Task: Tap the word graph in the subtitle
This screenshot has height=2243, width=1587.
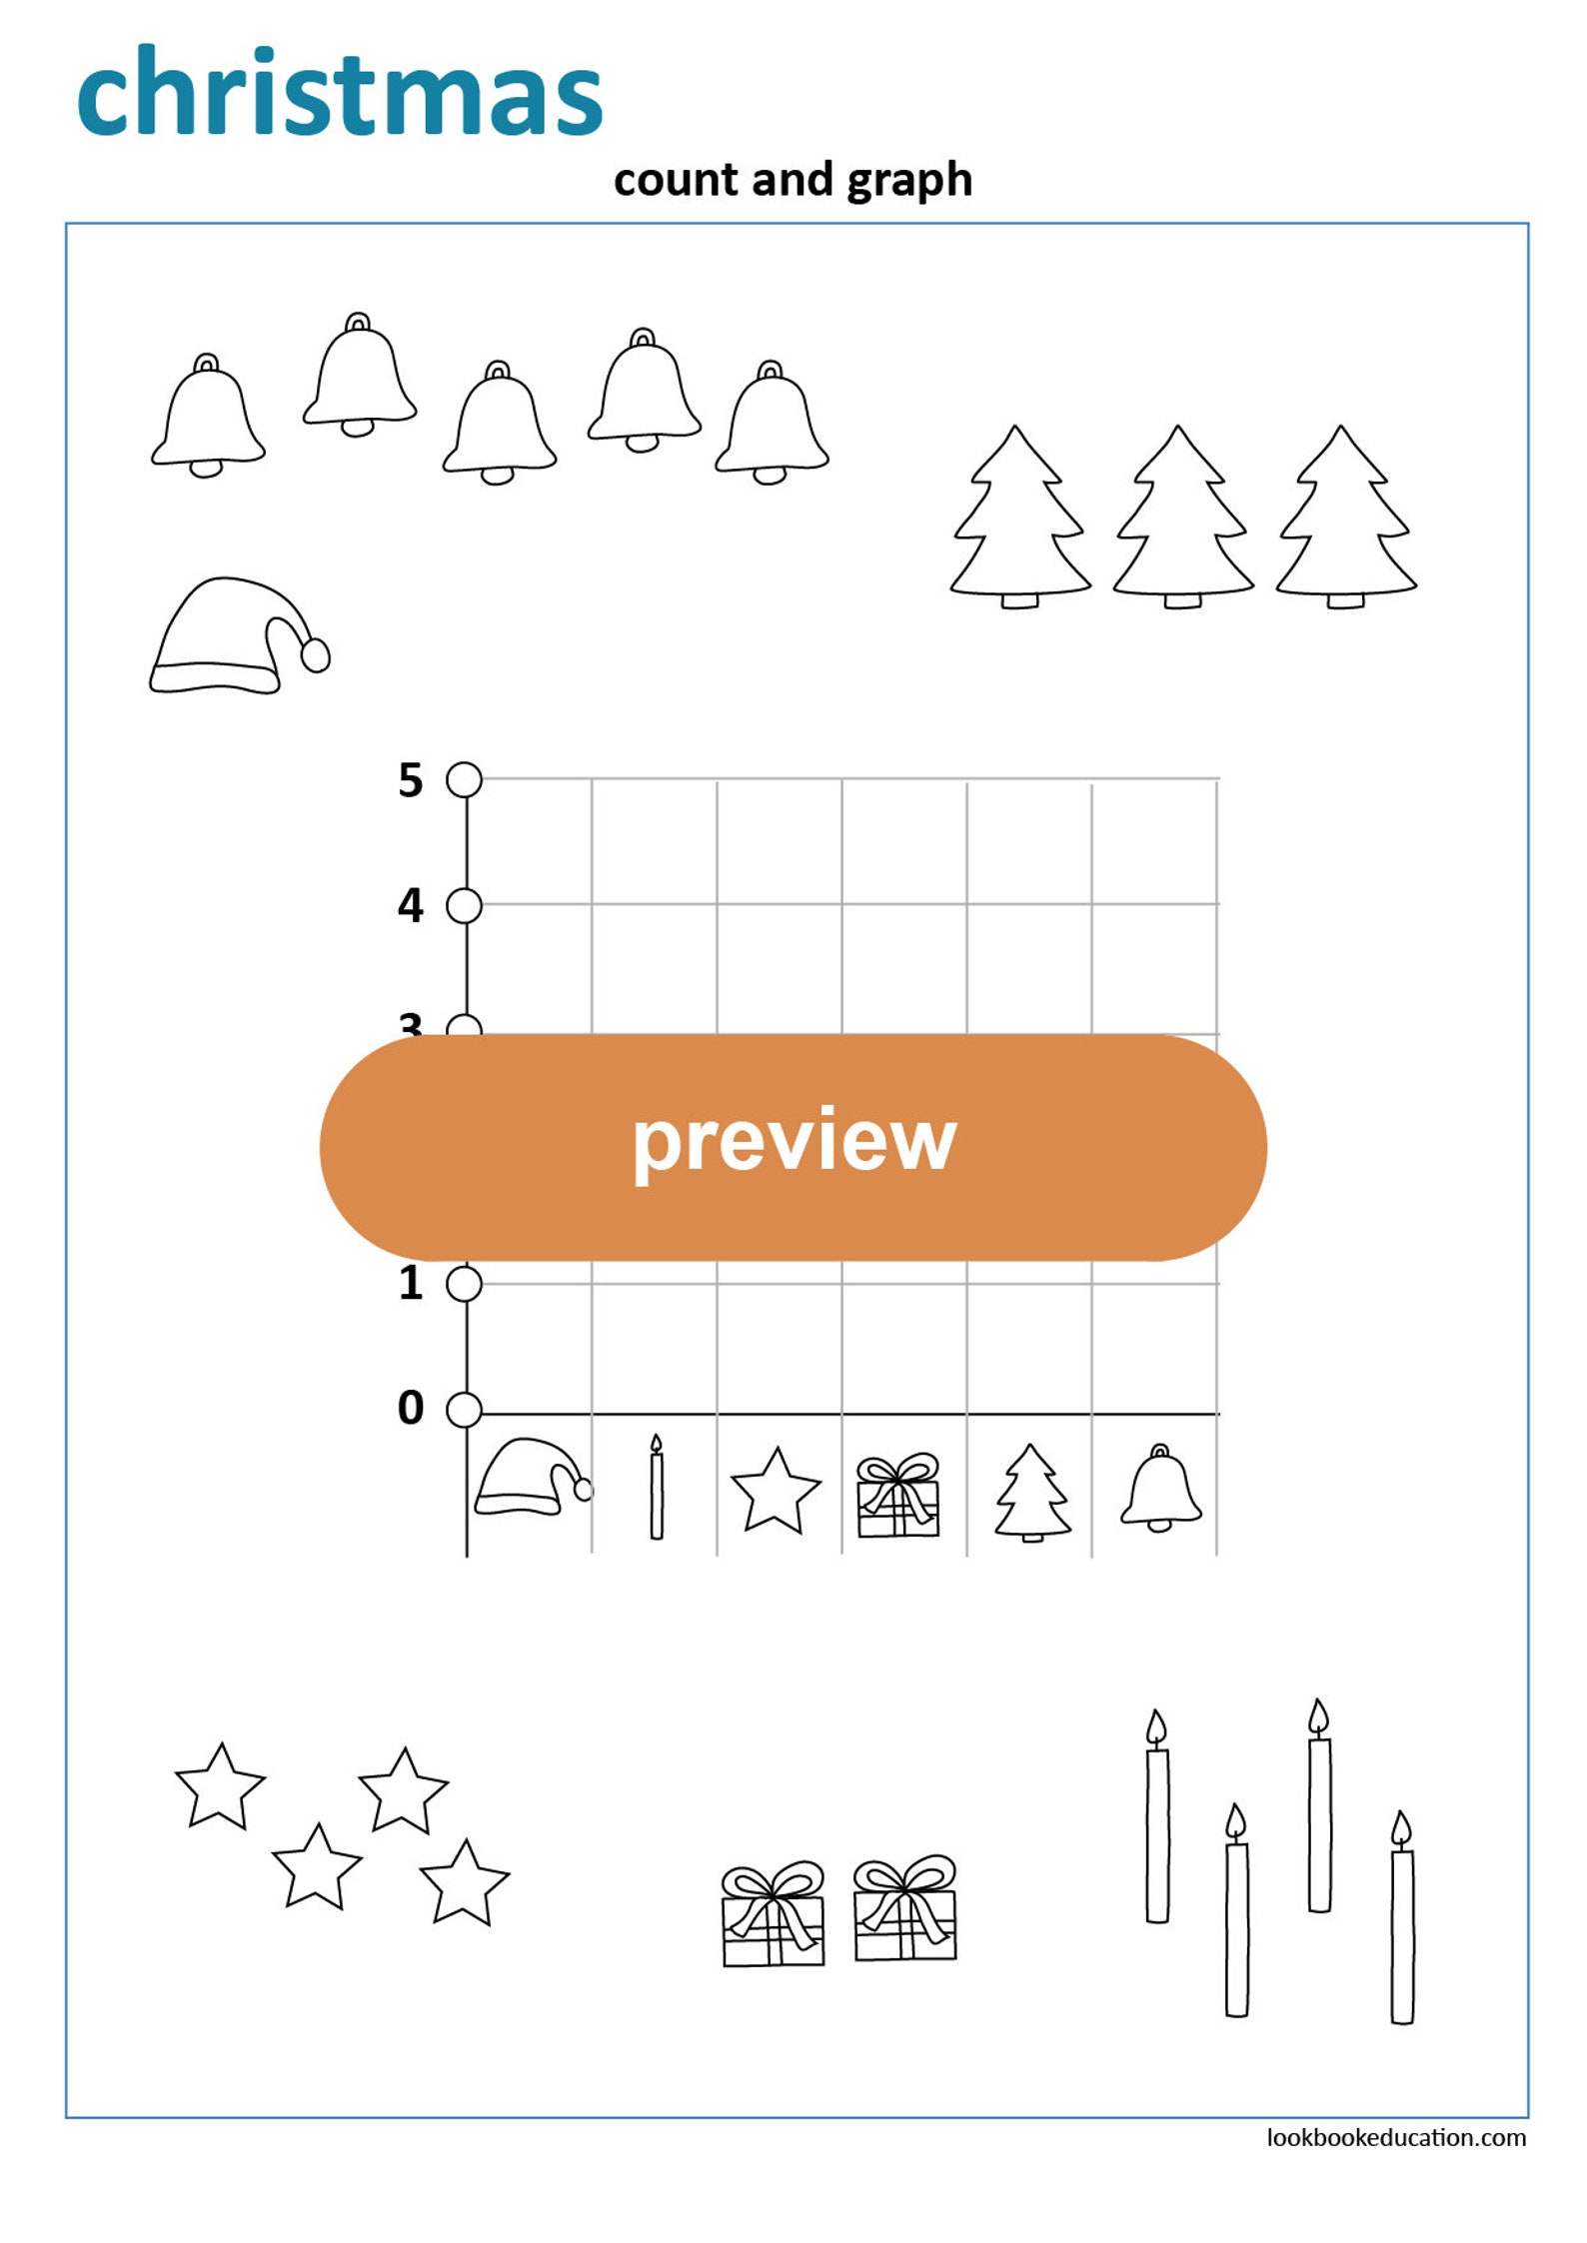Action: click(x=908, y=181)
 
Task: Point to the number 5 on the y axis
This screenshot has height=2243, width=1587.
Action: click(x=410, y=780)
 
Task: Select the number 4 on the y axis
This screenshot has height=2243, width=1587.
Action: click(x=410, y=905)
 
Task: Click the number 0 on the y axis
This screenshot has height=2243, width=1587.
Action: click(x=410, y=1408)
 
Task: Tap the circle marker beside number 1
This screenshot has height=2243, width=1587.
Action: click(x=464, y=1284)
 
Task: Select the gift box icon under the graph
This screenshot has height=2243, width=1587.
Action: click(x=897, y=1496)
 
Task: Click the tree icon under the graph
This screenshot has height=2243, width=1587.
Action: click(x=1032, y=1493)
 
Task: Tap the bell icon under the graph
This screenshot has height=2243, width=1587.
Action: click(x=1160, y=1489)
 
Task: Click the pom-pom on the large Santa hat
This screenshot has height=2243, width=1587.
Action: click(x=316, y=655)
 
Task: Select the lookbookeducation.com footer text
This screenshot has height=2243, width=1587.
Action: click(x=1395, y=2138)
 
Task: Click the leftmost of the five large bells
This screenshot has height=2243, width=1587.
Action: click(x=207, y=418)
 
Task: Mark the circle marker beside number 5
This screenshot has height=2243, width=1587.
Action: click(x=464, y=780)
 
